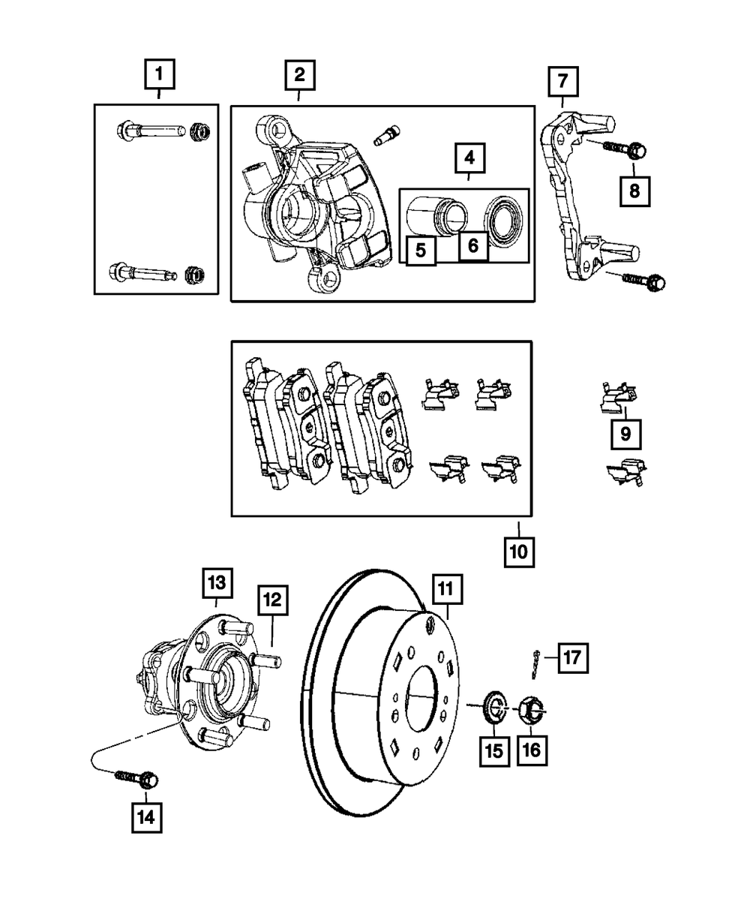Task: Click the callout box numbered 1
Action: (160, 74)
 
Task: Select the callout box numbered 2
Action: (300, 75)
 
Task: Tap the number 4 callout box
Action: (469, 158)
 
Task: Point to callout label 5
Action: (421, 251)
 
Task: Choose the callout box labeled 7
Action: (563, 81)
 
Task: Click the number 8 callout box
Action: (635, 191)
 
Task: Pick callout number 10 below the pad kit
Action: (519, 552)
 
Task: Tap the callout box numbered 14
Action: (146, 817)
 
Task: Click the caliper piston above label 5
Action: (436, 215)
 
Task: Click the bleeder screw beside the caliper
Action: (387, 135)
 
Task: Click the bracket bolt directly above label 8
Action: (625, 149)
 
